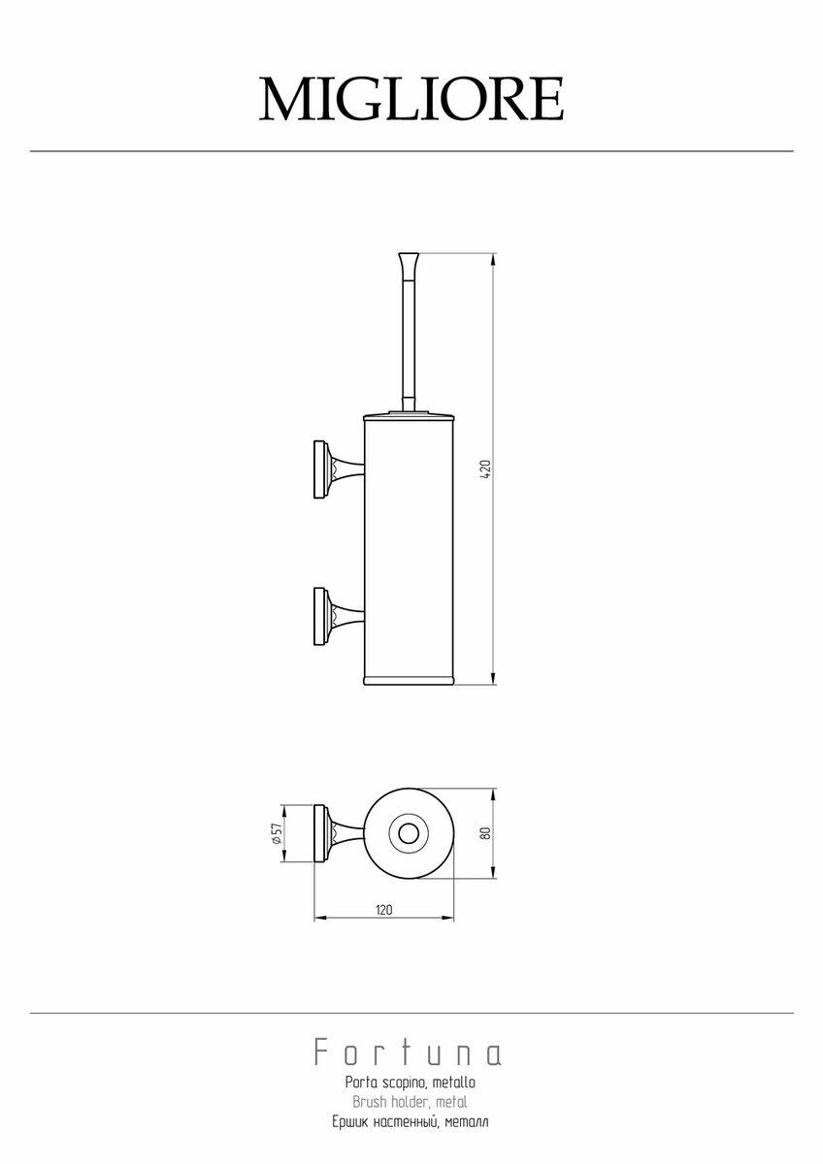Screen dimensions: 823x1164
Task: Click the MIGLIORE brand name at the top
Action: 411,99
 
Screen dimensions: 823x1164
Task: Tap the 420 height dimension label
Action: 485,469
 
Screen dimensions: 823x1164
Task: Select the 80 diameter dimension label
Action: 486,833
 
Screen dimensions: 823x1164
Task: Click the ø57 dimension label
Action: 277,833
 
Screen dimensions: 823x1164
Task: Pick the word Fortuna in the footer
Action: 409,1052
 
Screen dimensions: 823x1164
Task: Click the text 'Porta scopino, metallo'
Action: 411,1083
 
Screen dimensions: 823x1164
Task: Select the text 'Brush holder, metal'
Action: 410,1102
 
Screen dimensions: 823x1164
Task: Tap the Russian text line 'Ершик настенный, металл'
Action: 411,1121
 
